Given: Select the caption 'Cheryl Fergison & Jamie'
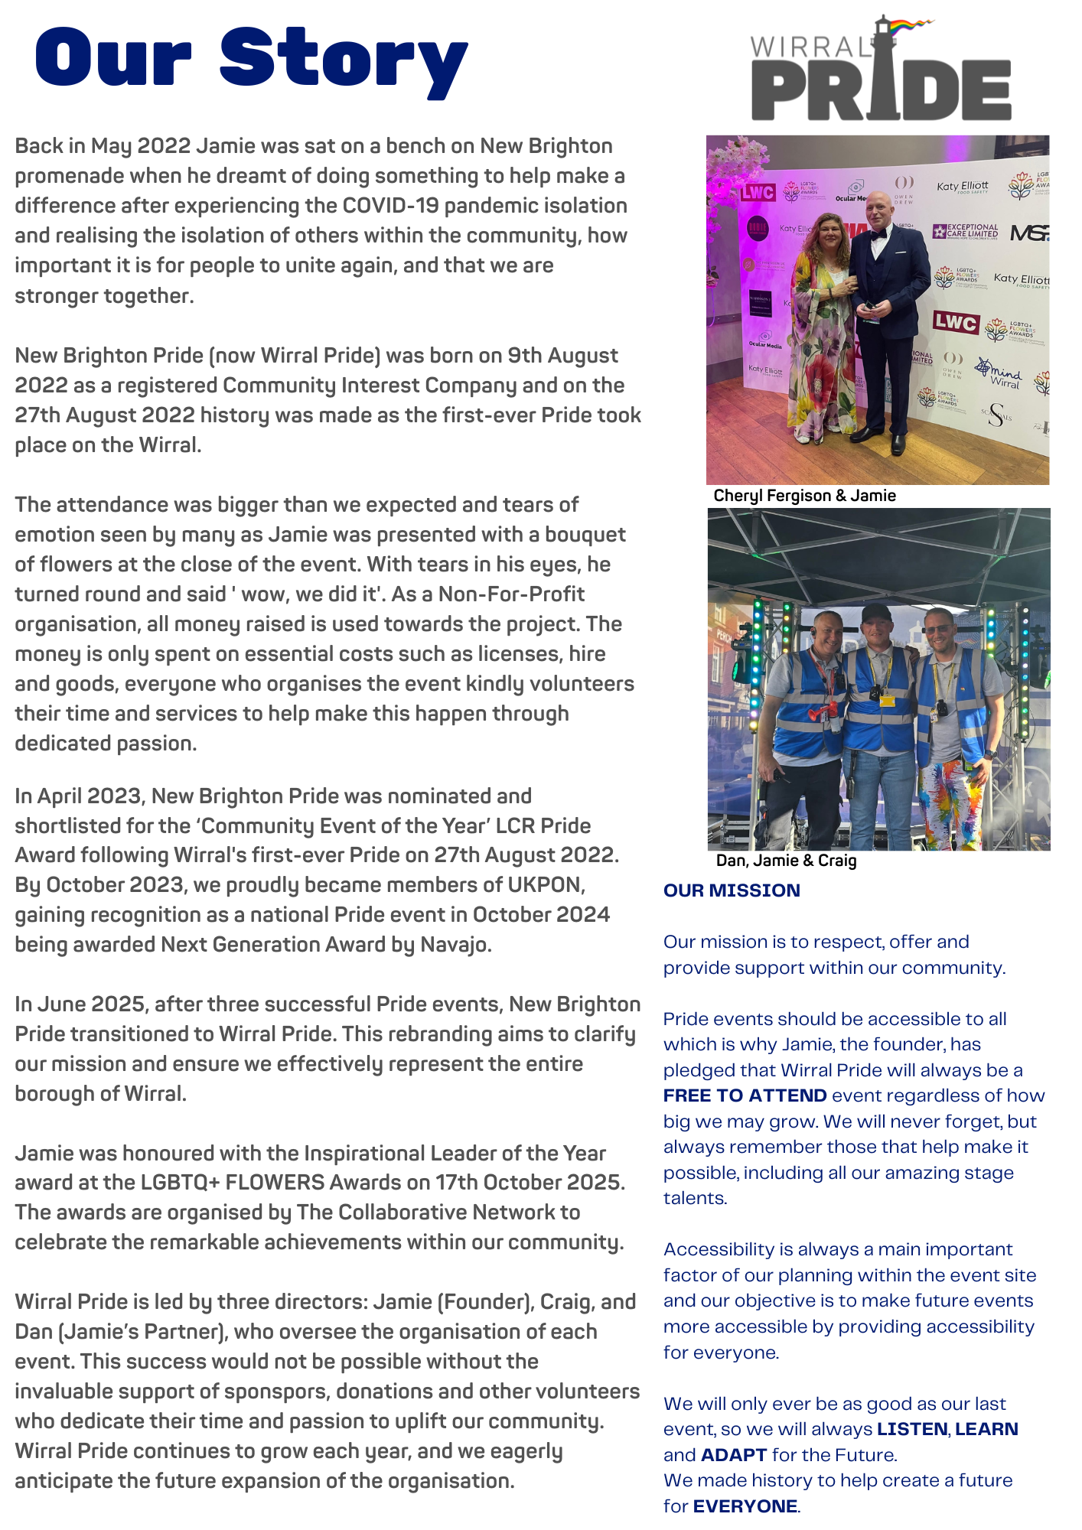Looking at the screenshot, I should (x=804, y=496).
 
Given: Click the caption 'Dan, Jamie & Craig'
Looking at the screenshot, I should (x=786, y=861).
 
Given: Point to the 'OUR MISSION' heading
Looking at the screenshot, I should (x=732, y=890).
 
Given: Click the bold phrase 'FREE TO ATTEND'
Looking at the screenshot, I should (x=745, y=1095).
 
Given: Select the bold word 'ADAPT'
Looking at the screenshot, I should (x=733, y=1454).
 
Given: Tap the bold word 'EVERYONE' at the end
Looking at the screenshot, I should (x=745, y=1506).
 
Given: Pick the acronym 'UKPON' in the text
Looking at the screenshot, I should (x=544, y=885).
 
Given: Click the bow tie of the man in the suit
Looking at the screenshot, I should (x=880, y=235).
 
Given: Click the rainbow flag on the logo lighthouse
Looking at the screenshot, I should (x=912, y=27).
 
